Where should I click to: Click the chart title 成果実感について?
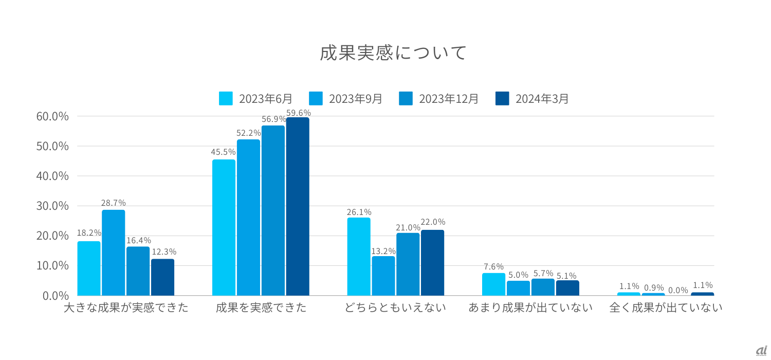[393, 52]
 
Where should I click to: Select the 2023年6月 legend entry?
[256, 98]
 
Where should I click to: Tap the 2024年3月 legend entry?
[533, 98]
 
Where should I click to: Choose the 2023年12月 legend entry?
[439, 98]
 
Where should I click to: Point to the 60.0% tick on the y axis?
[52, 116]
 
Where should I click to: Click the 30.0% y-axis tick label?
[52, 206]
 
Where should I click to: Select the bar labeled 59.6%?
[298, 206]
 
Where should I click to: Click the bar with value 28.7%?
[113, 252]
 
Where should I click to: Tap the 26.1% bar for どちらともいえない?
[359, 256]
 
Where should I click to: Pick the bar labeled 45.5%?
[224, 227]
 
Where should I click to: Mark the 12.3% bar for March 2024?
[162, 277]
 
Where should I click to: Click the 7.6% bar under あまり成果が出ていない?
[493, 284]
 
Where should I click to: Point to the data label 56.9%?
[273, 119]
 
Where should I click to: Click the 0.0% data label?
[678, 290]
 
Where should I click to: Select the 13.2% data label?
[383, 251]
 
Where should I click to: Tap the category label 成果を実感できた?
[261, 308]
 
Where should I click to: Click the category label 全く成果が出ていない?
[666, 308]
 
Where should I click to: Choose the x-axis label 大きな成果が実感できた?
[126, 308]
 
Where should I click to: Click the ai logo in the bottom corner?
[761, 350]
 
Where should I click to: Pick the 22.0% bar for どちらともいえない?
[432, 262]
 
